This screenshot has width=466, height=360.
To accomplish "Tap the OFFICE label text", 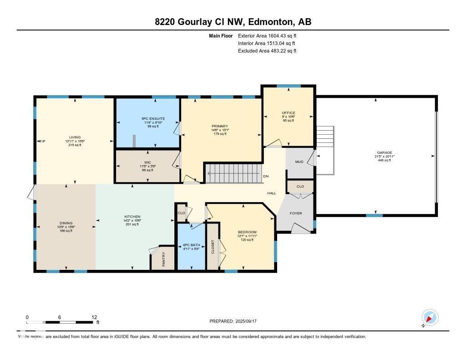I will click(x=288, y=113).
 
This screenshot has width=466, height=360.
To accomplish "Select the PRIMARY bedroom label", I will click(x=219, y=126).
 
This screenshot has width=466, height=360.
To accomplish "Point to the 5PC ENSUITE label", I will click(x=153, y=119).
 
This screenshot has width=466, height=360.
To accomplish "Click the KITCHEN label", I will click(x=132, y=217).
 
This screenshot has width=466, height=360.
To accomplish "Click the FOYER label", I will click(x=296, y=213).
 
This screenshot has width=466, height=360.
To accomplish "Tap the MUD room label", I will click(x=299, y=162).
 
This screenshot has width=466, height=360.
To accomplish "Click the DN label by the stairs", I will click(x=266, y=177).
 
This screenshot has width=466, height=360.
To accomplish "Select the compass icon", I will click(x=429, y=317).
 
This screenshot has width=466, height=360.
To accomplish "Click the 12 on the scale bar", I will click(x=94, y=317).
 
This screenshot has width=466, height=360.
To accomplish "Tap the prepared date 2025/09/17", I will click(x=248, y=321).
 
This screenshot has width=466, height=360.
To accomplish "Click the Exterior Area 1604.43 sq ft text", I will click(x=267, y=35).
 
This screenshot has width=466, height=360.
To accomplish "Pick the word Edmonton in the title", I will click(x=271, y=22).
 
